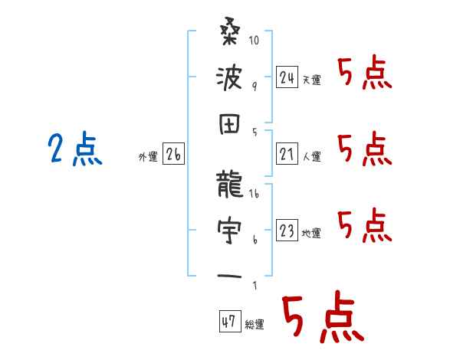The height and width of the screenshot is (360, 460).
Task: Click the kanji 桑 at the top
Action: point(230,37)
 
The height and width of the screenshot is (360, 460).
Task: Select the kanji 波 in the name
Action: point(230,78)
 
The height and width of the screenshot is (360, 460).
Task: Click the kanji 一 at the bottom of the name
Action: point(230,273)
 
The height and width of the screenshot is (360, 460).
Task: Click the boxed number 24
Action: point(287,77)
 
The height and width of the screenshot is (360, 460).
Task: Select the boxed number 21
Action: point(287,155)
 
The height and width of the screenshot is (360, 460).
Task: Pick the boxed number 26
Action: point(173,155)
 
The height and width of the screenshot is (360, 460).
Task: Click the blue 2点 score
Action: point(73,149)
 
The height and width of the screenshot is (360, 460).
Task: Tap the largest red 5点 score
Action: point(321,318)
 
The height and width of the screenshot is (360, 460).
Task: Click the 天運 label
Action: point(312,80)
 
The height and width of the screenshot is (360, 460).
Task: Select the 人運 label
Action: point(312,157)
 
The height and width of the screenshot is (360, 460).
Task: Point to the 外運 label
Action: point(147,157)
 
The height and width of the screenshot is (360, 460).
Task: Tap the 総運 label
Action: point(255,324)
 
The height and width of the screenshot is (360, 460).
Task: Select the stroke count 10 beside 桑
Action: point(256,39)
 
